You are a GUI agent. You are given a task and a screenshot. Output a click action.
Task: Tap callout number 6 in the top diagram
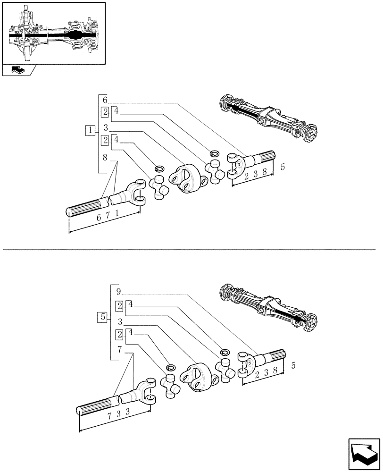(105, 100)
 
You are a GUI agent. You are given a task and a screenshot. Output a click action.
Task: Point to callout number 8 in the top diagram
(105, 157)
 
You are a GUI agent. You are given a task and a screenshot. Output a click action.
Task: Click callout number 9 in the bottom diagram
(118, 291)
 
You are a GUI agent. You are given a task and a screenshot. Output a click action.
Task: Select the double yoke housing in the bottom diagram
(197, 377)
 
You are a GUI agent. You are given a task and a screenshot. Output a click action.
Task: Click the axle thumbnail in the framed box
(53, 33)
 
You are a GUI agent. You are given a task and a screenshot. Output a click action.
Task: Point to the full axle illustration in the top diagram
(268, 117)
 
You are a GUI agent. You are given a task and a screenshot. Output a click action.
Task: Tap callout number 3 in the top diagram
(106, 127)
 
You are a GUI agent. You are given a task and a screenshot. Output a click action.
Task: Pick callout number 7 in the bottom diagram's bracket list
(120, 349)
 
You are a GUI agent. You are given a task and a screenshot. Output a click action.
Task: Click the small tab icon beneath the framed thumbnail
(19, 70)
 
